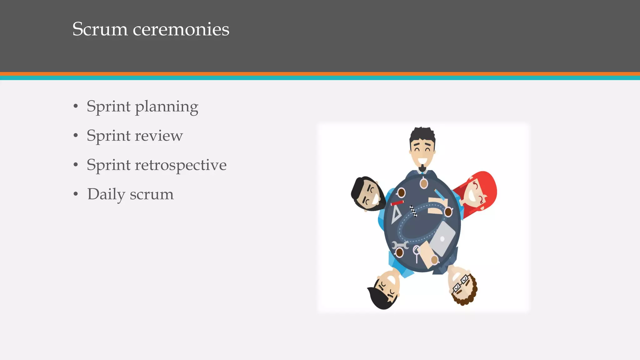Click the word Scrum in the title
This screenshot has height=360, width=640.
click(x=100, y=29)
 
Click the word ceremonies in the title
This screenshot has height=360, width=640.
click(x=181, y=29)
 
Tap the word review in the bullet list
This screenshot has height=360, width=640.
click(x=159, y=136)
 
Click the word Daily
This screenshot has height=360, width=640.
click(x=106, y=195)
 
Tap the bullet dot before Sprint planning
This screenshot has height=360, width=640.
click(x=76, y=107)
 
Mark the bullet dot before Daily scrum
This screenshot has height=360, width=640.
click(x=76, y=194)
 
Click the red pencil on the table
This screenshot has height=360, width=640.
click(x=397, y=203)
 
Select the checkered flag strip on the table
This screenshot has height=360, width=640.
click(x=413, y=211)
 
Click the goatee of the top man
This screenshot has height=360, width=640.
click(x=422, y=169)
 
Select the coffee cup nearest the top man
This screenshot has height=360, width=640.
click(x=424, y=183)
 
